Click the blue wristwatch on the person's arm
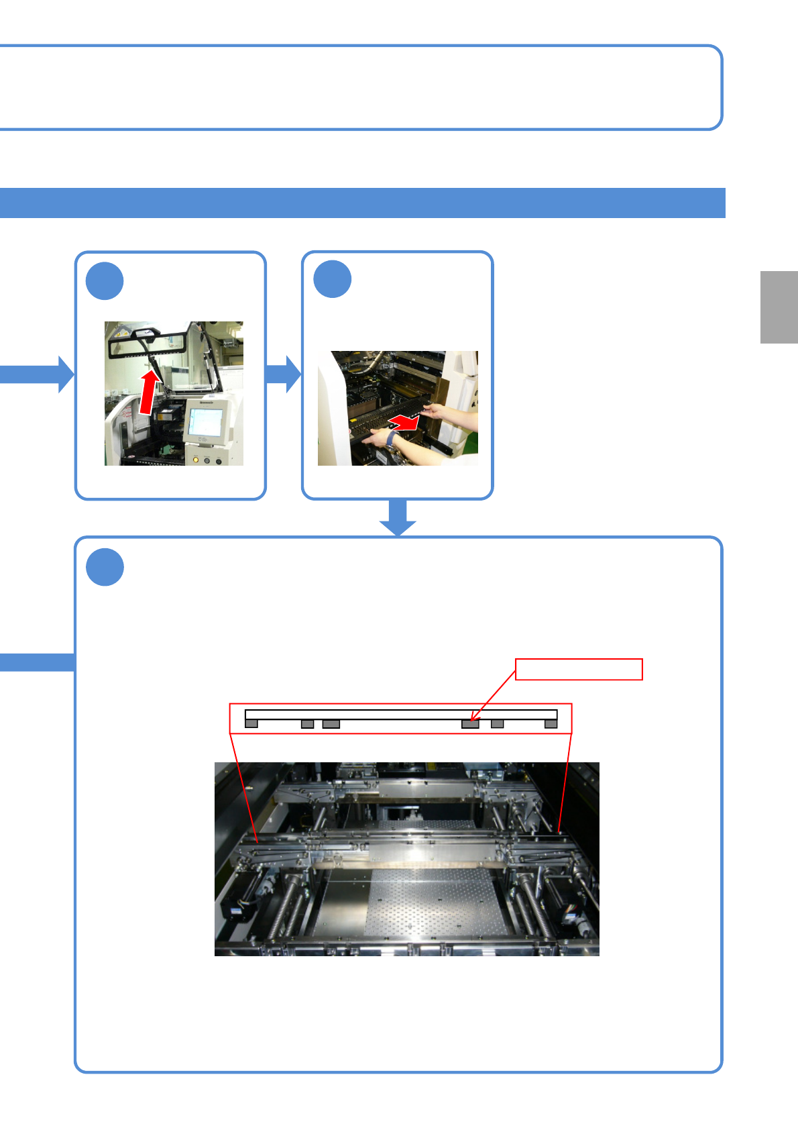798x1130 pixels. [391, 439]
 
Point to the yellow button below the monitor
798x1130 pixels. [195, 460]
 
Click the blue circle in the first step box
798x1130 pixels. [105, 282]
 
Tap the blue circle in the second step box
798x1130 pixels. [333, 280]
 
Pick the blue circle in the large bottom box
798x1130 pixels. [105, 567]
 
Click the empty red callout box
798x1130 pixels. [579, 669]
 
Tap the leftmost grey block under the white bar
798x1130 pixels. [251, 723]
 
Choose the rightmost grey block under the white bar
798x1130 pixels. [551, 723]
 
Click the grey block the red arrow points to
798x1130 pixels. [470, 724]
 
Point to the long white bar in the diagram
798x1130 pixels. [401, 714]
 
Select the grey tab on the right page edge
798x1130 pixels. [779, 307]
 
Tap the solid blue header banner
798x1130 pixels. [362, 203]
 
